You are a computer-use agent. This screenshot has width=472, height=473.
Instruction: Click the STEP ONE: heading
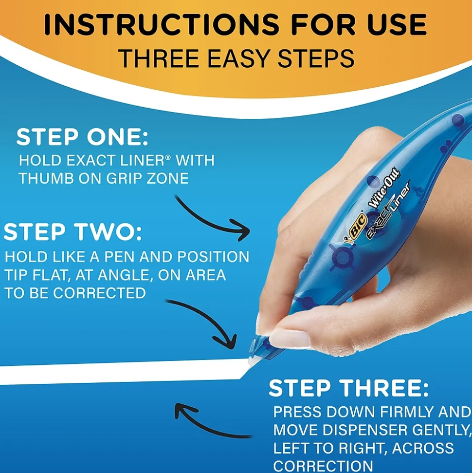pyautogui.click(x=82, y=138)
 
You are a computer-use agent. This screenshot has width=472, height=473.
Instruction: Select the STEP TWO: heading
pyautogui.click(x=73, y=232)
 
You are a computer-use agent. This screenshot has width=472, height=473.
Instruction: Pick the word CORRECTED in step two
pyautogui.click(x=99, y=293)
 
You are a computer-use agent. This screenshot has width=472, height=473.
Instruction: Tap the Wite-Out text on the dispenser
pyautogui.click(x=384, y=188)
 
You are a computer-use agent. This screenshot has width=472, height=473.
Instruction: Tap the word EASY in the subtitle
pyautogui.click(x=240, y=58)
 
